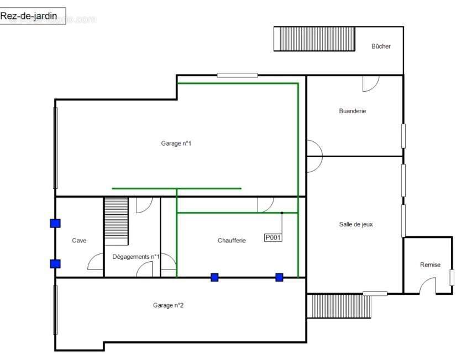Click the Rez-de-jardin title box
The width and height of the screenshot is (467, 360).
33,16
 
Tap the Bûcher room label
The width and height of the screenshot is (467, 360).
381,46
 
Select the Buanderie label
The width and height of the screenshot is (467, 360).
353,111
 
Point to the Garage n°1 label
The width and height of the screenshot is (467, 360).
176,144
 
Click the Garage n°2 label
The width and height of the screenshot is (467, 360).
168,305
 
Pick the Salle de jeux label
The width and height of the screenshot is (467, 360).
356,224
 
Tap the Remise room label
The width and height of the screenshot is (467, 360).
430,265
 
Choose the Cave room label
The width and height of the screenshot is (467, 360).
79,240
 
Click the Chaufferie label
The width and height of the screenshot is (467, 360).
232,240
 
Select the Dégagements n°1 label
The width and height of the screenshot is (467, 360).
136,257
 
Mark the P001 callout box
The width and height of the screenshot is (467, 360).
273,237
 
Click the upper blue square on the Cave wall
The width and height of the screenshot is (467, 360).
55,223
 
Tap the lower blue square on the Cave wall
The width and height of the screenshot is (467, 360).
55,263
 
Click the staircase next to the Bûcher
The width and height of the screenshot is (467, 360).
314,39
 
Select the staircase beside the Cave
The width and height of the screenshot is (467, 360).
116,221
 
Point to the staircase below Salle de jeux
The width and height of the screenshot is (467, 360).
339,306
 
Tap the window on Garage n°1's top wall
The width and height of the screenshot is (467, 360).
238,75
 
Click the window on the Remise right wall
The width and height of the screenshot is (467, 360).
452,278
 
